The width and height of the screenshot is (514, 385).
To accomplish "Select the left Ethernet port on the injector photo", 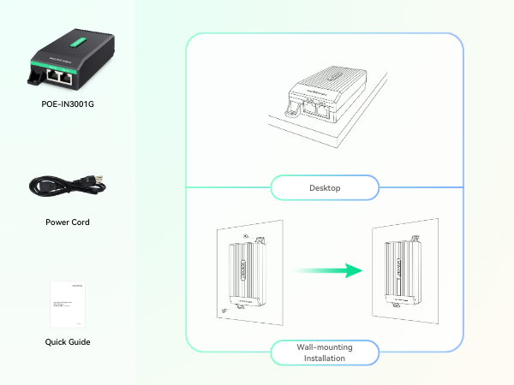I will point(54,76).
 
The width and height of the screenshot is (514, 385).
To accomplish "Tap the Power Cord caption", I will point(67,222).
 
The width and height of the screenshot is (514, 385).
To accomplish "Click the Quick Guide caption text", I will point(67,342).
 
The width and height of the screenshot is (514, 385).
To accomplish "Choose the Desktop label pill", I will point(325,187).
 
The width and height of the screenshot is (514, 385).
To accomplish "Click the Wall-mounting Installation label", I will point(325,352).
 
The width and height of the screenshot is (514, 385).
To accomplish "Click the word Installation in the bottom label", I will point(325,358).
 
